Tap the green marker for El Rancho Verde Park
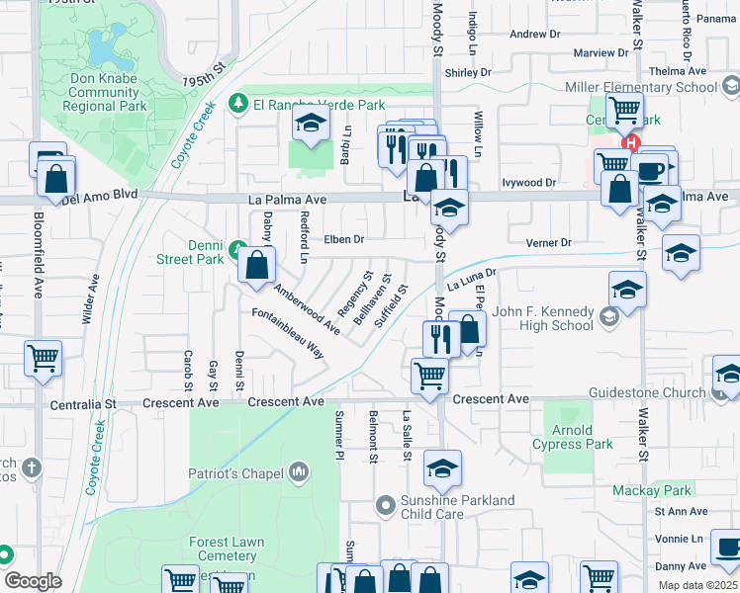pyautogui.click(x=237, y=103)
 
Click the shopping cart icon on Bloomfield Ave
pyautogui.click(x=43, y=358)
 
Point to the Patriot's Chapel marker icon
pyautogui.click(x=299, y=474)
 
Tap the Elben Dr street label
pyautogui.click(x=345, y=239)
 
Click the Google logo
pyautogui.click(x=34, y=581)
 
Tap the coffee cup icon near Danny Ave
pyautogui.click(x=727, y=547)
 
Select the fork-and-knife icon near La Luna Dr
pyautogui.click(x=438, y=339)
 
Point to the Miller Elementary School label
pyautogui.click(x=641, y=88)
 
